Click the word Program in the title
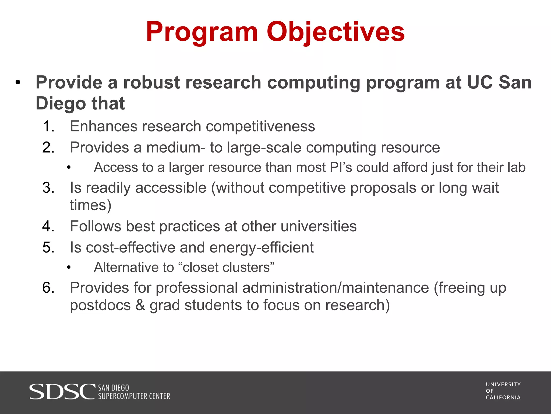[x=202, y=32]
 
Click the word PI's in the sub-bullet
[x=341, y=167]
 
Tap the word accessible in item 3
[x=171, y=188]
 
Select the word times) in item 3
[x=91, y=205]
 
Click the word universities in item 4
[x=319, y=226]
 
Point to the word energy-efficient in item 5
[x=262, y=248]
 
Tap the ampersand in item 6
[x=140, y=305]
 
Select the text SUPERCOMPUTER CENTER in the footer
[x=134, y=396]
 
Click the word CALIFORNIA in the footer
[x=503, y=398]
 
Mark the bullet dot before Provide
[x=18, y=83]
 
